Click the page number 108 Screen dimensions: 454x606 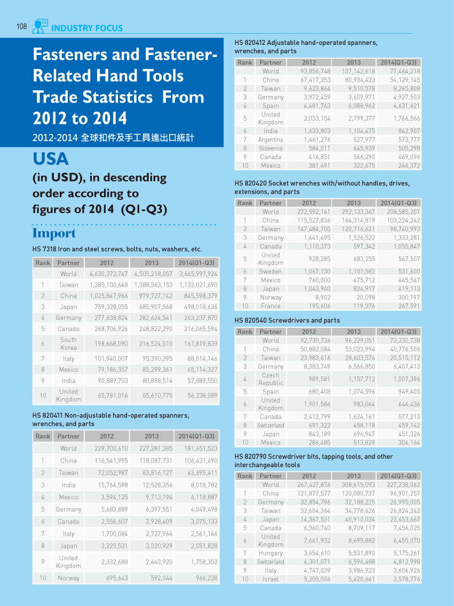point(22,26)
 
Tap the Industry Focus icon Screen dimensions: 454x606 point(40,26)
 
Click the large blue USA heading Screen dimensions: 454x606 point(51,159)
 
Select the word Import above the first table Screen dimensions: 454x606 point(54,233)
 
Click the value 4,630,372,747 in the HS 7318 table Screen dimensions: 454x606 point(108,273)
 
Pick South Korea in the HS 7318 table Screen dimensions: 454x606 point(68,344)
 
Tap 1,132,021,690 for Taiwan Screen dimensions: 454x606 point(198,285)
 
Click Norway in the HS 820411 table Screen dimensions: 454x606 point(68,578)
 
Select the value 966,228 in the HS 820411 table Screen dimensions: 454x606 point(204,578)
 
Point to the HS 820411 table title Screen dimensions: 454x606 point(111,420)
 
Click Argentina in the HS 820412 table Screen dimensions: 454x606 point(270,139)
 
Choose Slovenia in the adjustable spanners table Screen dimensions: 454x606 point(270,148)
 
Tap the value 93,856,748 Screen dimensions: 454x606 point(315,71)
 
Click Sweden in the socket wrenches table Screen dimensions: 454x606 point(270,271)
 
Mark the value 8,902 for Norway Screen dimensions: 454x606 point(323,297)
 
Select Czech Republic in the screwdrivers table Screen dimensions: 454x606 point(270,379)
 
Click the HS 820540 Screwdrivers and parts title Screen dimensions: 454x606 point(287,320)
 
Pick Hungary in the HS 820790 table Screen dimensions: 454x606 point(270,553)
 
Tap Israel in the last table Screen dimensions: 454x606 point(270,579)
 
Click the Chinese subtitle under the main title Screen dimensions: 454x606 point(113,138)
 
